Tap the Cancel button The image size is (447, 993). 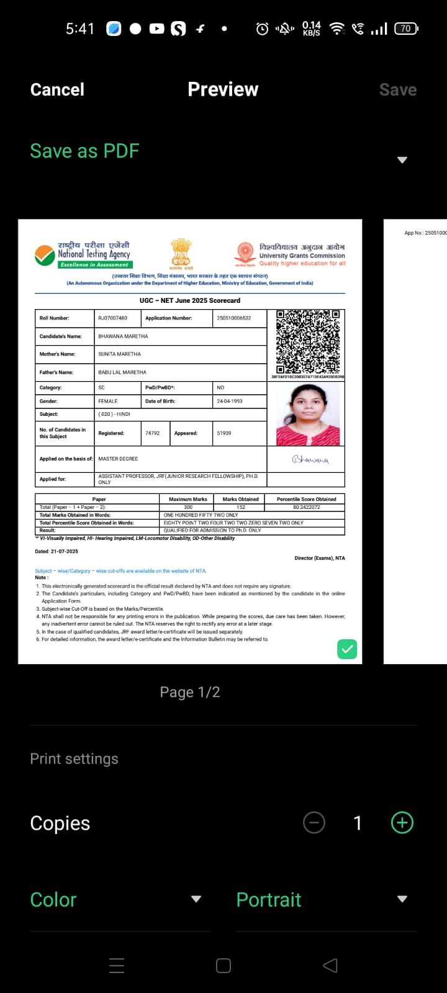click(x=57, y=89)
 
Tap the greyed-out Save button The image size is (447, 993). click(x=397, y=89)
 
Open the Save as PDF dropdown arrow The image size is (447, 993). click(x=402, y=160)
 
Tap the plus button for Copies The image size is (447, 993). click(x=402, y=823)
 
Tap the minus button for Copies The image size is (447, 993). click(x=314, y=823)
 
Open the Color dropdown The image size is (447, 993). click(x=115, y=899)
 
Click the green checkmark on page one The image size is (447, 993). click(x=347, y=649)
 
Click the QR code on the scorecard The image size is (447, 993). click(x=307, y=341)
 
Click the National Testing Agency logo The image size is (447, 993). click(x=83, y=254)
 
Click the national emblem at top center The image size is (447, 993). click(x=181, y=253)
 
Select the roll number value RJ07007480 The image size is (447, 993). click(x=112, y=318)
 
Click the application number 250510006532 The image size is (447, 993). click(x=234, y=318)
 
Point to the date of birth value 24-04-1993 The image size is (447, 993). click(x=230, y=401)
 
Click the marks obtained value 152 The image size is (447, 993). click(x=241, y=507)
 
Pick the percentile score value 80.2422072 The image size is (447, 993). click(x=306, y=507)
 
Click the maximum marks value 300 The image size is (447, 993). click(x=188, y=507)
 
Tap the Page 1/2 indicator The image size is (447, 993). click(x=190, y=692)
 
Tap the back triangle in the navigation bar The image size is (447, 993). click(x=330, y=965)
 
